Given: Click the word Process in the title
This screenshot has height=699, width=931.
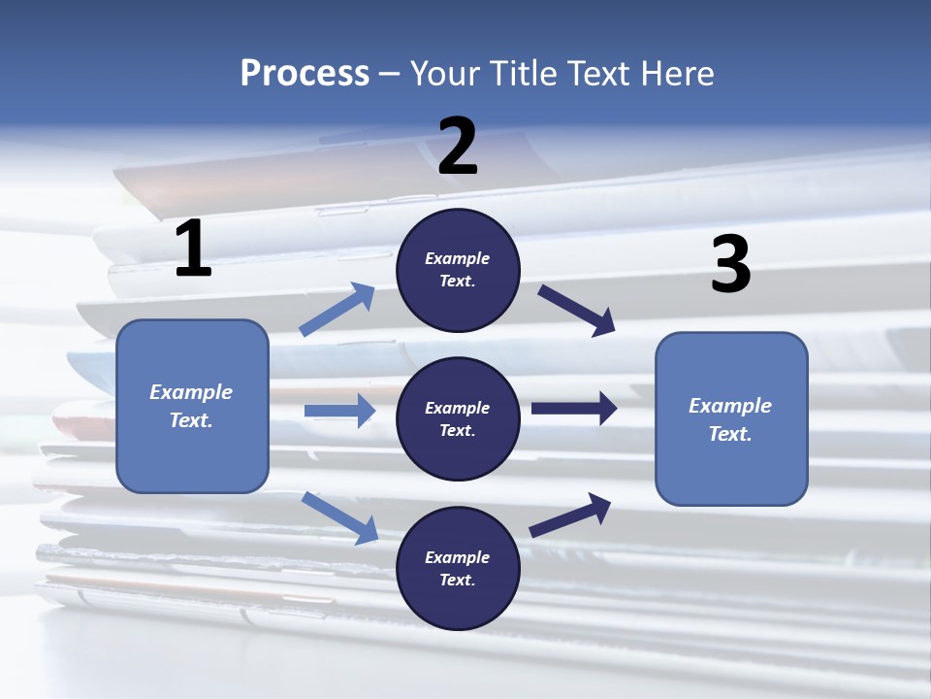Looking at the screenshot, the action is (305, 73).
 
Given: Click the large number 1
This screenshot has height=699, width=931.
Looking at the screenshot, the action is (194, 248).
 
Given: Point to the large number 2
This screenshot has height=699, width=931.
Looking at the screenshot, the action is (458, 147).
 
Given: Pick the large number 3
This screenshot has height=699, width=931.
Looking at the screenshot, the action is (731, 263).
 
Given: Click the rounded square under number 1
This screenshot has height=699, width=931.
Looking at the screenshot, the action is (192, 407).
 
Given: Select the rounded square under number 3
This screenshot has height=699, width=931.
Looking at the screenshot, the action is (731, 419).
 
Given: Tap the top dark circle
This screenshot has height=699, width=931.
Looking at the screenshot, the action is (458, 270).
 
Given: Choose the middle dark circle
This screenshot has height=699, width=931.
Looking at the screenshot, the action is (458, 419).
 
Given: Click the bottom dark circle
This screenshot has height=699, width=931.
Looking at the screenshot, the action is (458, 568).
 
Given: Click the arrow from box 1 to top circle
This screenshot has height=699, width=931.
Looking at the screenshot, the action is (337, 309).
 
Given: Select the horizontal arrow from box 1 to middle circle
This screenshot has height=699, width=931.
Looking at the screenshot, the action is (339, 410).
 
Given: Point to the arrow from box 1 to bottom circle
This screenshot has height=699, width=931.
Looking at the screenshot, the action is (339, 517).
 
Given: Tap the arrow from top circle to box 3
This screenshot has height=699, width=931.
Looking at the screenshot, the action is (576, 311).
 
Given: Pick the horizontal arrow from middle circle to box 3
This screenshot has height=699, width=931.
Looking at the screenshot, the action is (574, 408).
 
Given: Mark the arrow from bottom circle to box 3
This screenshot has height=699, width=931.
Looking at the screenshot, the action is (570, 516).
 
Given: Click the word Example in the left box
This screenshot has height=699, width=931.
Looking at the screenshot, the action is (191, 392).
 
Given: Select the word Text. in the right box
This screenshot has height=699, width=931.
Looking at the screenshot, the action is (730, 434).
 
